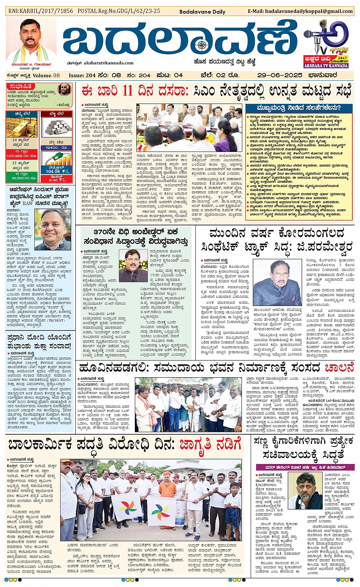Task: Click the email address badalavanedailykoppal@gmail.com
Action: point(300,11)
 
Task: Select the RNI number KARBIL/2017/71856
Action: point(40,11)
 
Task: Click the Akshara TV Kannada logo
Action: point(326,44)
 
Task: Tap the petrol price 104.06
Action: point(53,171)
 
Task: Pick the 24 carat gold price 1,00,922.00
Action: point(21,156)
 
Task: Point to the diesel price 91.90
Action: point(56,180)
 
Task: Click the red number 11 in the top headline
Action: point(127,91)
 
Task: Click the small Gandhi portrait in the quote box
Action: point(64,90)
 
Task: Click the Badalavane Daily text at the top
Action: point(202,11)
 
